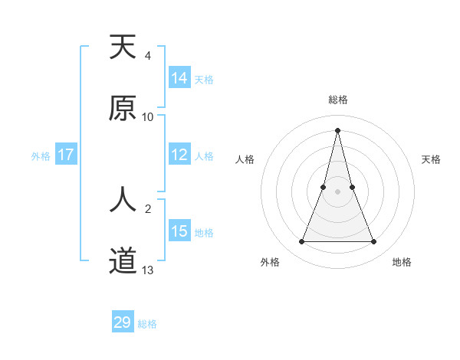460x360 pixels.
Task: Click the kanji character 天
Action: (123, 48)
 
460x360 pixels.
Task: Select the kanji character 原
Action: (123, 108)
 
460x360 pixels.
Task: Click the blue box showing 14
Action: (179, 77)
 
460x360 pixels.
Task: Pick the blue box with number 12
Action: (179, 155)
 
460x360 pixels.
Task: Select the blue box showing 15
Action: (179, 231)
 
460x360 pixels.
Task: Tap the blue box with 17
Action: (66, 155)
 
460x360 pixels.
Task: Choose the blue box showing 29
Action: (123, 322)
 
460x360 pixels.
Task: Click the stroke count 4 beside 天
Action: (148, 56)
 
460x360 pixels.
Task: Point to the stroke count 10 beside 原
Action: (148, 117)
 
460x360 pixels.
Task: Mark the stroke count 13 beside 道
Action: (148, 270)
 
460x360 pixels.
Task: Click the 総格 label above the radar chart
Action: (338, 100)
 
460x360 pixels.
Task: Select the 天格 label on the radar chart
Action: (431, 159)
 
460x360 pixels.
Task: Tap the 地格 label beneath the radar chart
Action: (402, 263)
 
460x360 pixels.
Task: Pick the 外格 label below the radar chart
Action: (270, 263)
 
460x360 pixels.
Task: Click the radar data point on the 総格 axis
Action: (337, 129)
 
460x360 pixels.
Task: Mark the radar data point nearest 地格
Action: (374, 242)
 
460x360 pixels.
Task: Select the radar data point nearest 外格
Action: (301, 242)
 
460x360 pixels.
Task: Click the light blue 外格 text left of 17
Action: (41, 156)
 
